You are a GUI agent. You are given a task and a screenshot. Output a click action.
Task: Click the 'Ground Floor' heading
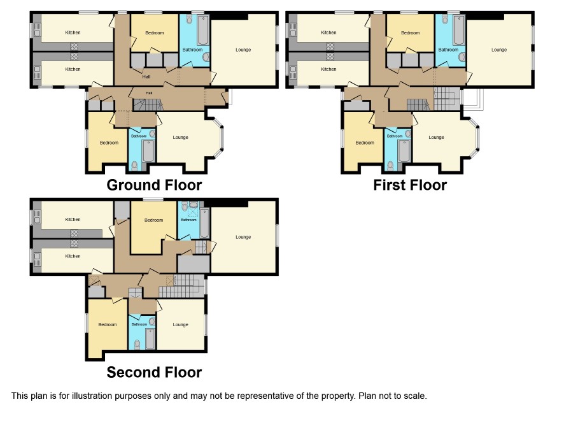coord(154,185)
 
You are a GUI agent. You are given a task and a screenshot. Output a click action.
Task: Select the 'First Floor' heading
coord(410,185)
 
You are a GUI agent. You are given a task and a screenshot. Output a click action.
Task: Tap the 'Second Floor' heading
coord(154,372)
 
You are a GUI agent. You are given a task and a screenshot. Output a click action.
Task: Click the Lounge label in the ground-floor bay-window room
coord(180,137)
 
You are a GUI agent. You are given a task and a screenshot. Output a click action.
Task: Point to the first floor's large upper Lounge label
coord(499,50)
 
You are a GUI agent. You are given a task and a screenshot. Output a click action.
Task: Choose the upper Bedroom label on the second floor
coord(153,220)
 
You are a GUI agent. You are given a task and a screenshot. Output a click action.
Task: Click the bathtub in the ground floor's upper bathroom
coord(203,29)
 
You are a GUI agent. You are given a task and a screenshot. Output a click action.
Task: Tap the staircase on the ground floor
coord(148,105)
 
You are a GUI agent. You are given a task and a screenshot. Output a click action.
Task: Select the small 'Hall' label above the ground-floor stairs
coord(149,93)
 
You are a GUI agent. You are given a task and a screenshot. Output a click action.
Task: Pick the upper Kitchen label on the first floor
coord(328,32)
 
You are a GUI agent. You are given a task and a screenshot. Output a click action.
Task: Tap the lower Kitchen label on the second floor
coord(73,256)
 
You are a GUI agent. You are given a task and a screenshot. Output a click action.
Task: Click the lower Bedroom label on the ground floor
coord(109,143)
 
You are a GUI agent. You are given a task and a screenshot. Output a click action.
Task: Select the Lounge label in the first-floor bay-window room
coord(436,137)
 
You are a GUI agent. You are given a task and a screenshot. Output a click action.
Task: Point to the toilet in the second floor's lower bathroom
coord(137,345)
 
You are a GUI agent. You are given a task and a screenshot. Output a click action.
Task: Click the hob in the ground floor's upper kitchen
coord(74,46)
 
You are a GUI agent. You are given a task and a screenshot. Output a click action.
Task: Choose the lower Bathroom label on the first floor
coord(395,136)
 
